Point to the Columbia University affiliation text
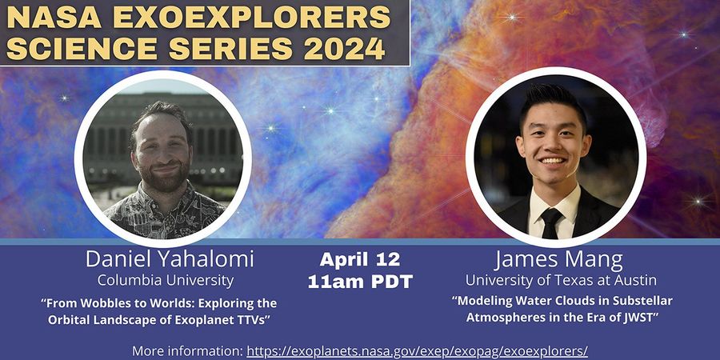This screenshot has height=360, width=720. [165, 280]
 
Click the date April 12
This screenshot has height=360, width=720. [359, 260]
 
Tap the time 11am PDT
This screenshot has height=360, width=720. [359, 282]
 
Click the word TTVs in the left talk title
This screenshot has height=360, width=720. [247, 319]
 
